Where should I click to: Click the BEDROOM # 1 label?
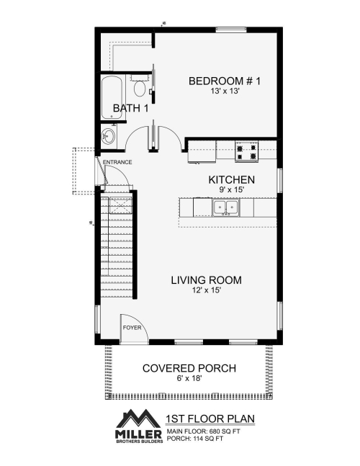pos(225,81)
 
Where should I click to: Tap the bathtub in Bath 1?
pos(112,97)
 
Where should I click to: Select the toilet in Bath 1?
pos(139,86)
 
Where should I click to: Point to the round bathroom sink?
pos(108,136)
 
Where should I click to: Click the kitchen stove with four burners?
pos(246,151)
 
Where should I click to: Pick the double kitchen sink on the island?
pos(226,207)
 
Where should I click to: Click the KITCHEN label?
pos(231,180)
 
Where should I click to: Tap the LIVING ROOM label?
pos(206,280)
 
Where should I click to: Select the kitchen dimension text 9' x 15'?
pos(232,189)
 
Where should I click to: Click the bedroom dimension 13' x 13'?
pos(225,91)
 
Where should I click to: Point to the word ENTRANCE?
pos(117,162)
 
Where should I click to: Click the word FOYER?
pos(132,328)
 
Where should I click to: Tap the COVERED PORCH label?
pos(189,368)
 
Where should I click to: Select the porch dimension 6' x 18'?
pos(189,378)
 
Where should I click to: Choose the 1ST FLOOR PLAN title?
pos(210,418)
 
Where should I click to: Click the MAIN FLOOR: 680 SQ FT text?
pos(204,431)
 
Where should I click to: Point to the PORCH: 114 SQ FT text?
pos(195,438)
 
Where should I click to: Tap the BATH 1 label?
pos(130,108)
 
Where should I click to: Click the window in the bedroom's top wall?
pos(231,30)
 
